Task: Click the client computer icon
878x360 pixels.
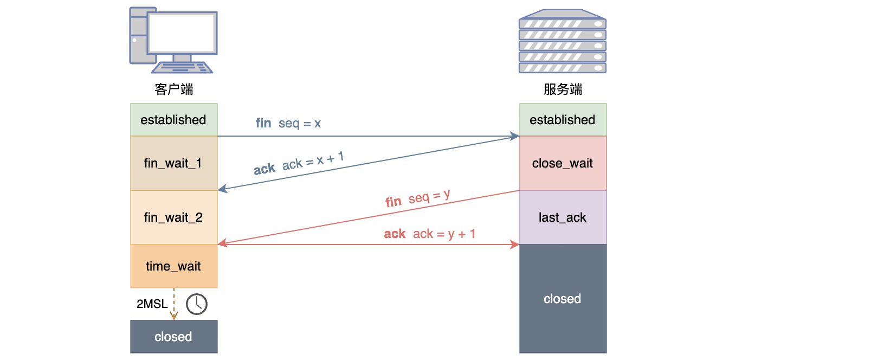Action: (173, 41)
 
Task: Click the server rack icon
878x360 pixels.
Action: (563, 41)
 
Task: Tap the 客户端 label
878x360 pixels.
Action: (173, 89)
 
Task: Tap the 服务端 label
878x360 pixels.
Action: (563, 89)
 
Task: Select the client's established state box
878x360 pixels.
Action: (173, 120)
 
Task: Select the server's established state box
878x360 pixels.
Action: (563, 120)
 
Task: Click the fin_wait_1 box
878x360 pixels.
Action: (173, 163)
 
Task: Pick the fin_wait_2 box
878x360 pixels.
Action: (173, 217)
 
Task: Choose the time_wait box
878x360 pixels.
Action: (173, 266)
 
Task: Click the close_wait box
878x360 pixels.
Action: (563, 163)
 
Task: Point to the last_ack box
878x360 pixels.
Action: (563, 217)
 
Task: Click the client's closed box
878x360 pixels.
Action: (173, 337)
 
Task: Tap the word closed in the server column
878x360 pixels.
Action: (563, 299)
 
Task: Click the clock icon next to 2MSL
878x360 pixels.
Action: (197, 304)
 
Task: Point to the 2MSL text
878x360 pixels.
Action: (152, 304)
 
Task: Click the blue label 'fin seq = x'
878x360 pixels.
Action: (288, 124)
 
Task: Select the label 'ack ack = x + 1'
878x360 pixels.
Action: (299, 163)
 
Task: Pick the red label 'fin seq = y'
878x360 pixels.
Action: (418, 198)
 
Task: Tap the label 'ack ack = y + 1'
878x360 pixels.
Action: (430, 234)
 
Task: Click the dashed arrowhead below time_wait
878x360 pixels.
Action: (174, 316)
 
